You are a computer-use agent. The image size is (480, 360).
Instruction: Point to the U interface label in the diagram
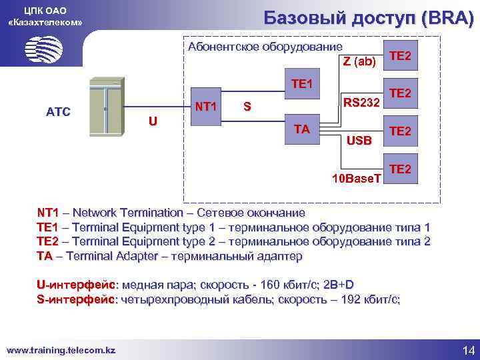tap(153, 121)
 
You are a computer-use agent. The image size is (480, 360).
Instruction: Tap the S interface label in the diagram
tap(247, 106)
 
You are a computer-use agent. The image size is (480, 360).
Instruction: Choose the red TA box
tap(302, 129)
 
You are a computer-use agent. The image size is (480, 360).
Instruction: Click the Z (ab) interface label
tap(359, 62)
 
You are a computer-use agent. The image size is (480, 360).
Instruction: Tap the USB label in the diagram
tap(359, 141)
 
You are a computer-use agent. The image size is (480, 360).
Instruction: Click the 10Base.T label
tap(357, 179)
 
